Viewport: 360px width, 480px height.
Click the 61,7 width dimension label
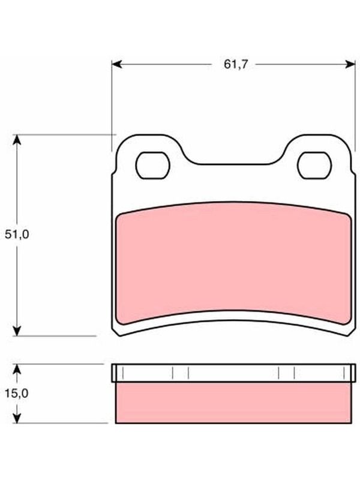tap(235, 65)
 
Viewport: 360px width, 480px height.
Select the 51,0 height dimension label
tap(17, 235)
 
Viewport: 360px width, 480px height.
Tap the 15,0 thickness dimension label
tap(17, 394)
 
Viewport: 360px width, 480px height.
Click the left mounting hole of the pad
tap(153, 166)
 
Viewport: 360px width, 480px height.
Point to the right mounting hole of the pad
tap(314, 166)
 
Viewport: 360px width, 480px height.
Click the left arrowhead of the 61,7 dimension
tap(117, 64)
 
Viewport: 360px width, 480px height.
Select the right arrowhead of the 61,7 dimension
tap(350, 64)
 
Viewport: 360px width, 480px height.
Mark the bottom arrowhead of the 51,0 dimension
tap(17, 331)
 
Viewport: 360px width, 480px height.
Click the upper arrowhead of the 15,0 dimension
tap(17, 369)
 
